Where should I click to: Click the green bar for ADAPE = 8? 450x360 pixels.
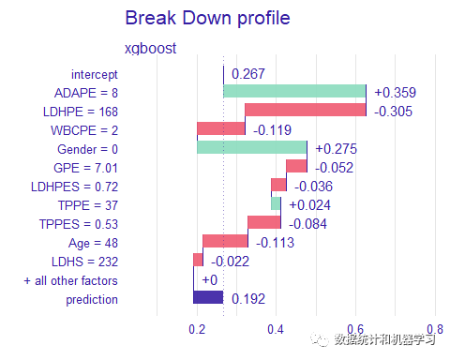pos(294,92)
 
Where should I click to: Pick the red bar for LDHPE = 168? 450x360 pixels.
pos(306,110)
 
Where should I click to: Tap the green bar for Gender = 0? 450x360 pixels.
pos(251,147)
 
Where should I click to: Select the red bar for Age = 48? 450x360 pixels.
pos(225,241)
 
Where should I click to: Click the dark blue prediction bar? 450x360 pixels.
pos(208,298)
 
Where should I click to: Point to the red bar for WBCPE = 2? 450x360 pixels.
pos(221,128)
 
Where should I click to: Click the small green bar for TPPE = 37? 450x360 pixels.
pos(276,203)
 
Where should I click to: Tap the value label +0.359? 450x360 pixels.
pos(395,93)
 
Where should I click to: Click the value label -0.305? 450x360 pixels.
pos(394,111)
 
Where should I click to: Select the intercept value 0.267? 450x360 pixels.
pos(249,74)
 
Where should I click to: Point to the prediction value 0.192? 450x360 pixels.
pos(248,299)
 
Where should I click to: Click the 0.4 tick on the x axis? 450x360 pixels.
pos(276,329)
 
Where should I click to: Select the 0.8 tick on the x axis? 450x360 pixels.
pos(434,329)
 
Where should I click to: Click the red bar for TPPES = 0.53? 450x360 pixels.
pos(264,222)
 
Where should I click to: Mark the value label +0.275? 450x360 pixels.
pos(336,148)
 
